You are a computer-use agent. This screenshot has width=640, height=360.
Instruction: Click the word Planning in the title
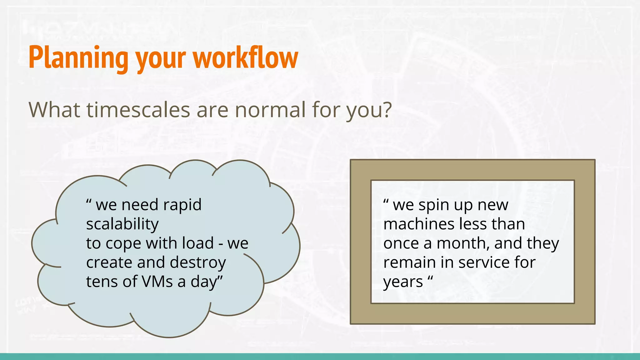[78, 58]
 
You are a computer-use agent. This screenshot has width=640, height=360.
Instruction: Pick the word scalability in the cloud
[122, 224]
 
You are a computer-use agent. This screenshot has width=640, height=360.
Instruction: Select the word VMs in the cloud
[157, 282]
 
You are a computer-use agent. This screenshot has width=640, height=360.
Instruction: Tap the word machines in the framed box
[419, 224]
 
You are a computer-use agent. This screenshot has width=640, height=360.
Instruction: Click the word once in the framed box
[401, 243]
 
